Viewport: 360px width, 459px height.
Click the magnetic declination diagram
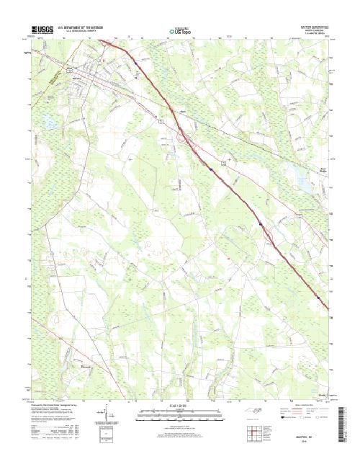tap(108, 416)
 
